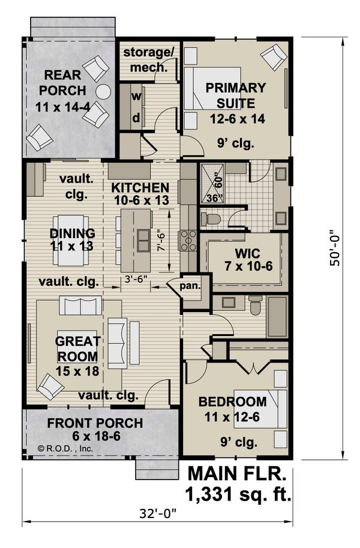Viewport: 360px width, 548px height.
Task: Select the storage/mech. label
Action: [148, 59]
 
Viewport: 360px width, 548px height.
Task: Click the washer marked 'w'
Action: [136, 96]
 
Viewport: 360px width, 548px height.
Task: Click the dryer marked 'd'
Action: [136, 118]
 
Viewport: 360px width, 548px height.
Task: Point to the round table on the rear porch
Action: [104, 92]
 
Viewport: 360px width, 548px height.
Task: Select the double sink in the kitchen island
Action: [143, 241]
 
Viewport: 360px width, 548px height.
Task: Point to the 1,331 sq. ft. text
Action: [239, 495]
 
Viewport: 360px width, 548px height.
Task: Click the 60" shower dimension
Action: [218, 178]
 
